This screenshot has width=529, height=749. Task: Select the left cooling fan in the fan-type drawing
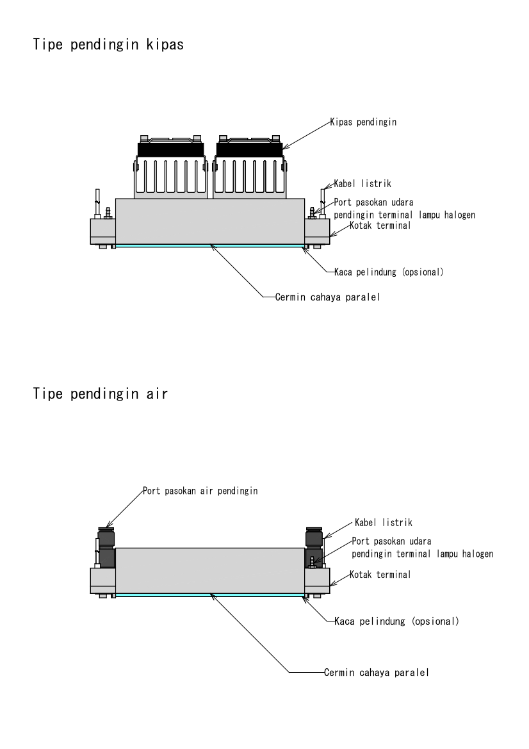(x=171, y=168)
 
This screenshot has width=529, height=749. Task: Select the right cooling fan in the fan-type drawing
(x=249, y=168)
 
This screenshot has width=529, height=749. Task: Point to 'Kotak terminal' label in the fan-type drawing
(x=380, y=226)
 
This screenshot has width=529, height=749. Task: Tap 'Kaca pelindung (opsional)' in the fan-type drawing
(x=389, y=272)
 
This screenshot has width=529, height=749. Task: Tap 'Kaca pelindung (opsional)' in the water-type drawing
(x=396, y=621)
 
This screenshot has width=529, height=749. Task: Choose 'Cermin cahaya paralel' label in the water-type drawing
(x=375, y=672)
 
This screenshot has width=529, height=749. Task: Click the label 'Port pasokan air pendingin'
(x=199, y=491)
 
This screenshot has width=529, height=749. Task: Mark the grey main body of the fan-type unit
(x=209, y=221)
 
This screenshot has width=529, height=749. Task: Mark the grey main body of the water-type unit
(x=209, y=570)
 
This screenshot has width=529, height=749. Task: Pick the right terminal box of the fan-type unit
(x=317, y=231)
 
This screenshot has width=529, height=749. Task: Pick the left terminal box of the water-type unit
(x=102, y=580)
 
